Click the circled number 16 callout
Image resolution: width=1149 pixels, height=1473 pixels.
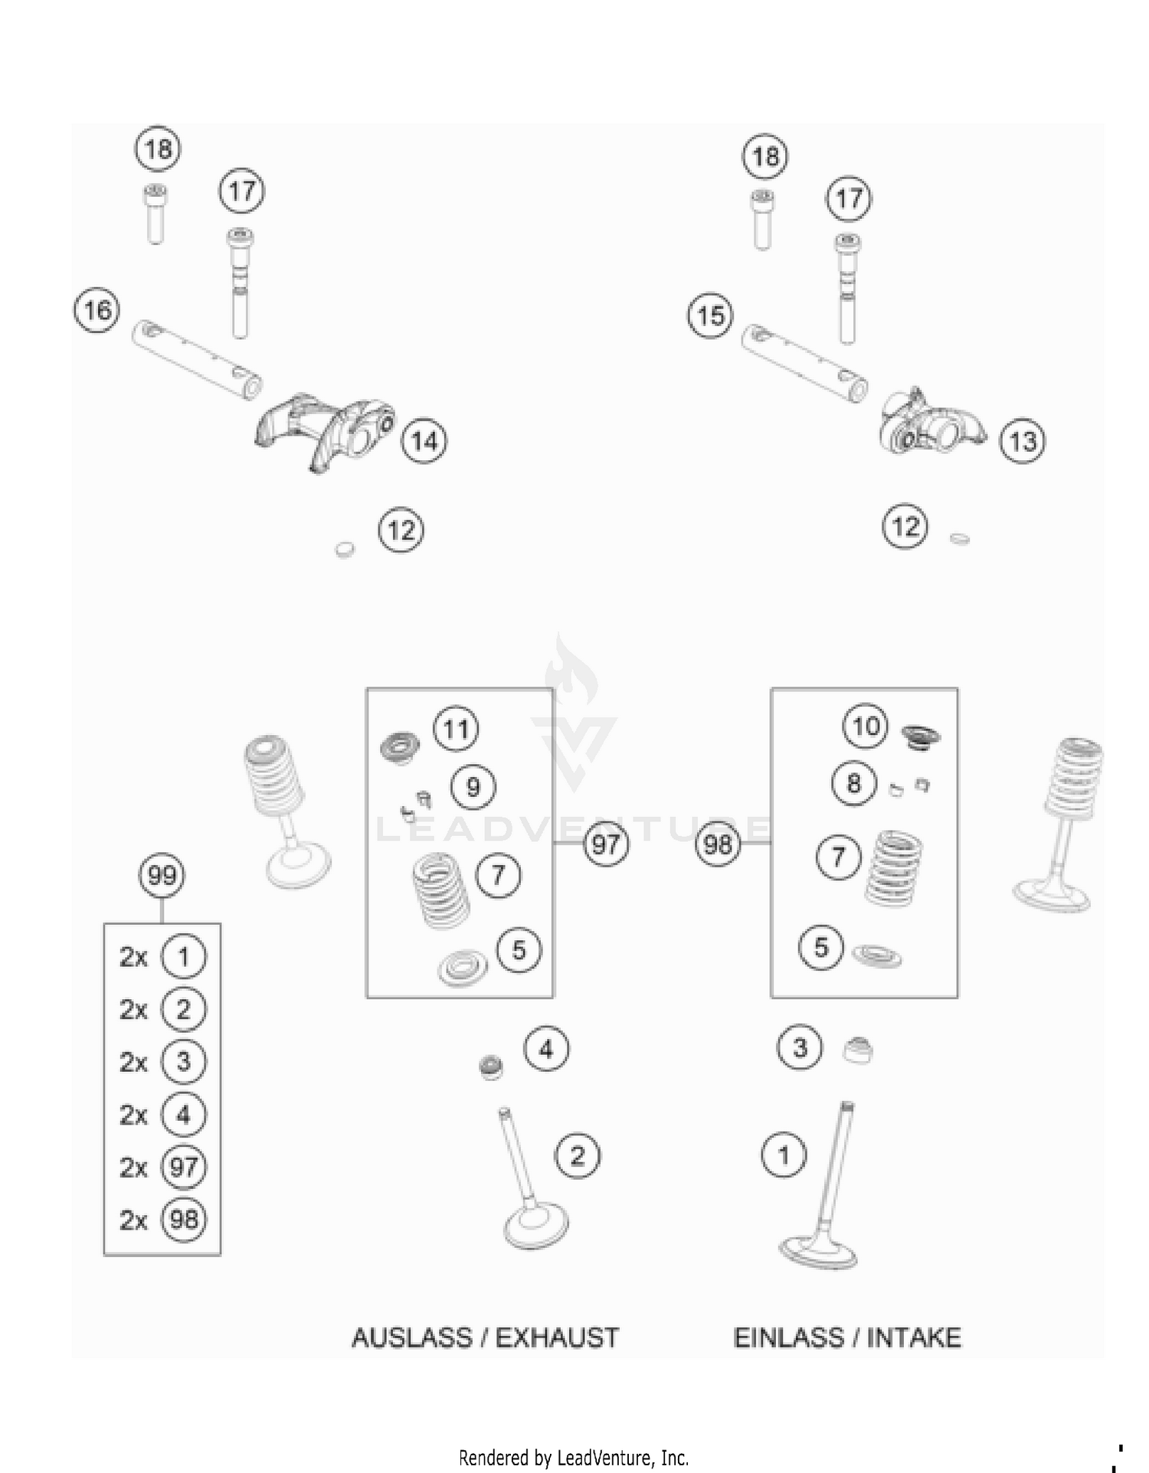pyautogui.click(x=97, y=310)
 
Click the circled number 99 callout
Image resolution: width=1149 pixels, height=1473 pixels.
pyautogui.click(x=162, y=875)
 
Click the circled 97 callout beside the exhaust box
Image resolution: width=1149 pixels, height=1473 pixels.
pyautogui.click(x=606, y=844)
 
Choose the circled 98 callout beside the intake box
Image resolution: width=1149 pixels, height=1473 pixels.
pyautogui.click(x=718, y=844)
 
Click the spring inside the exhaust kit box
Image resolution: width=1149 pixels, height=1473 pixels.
pyautogui.click(x=441, y=893)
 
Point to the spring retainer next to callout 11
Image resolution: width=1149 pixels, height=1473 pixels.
pyautogui.click(x=400, y=746)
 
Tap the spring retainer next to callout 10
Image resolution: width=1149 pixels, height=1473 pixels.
pyautogui.click(x=919, y=736)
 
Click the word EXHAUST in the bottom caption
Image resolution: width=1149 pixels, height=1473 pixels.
pyautogui.click(x=557, y=1337)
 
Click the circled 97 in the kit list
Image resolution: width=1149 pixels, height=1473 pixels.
pyautogui.click(x=183, y=1167)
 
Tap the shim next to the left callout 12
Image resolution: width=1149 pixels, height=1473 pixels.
pyautogui.click(x=345, y=549)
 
